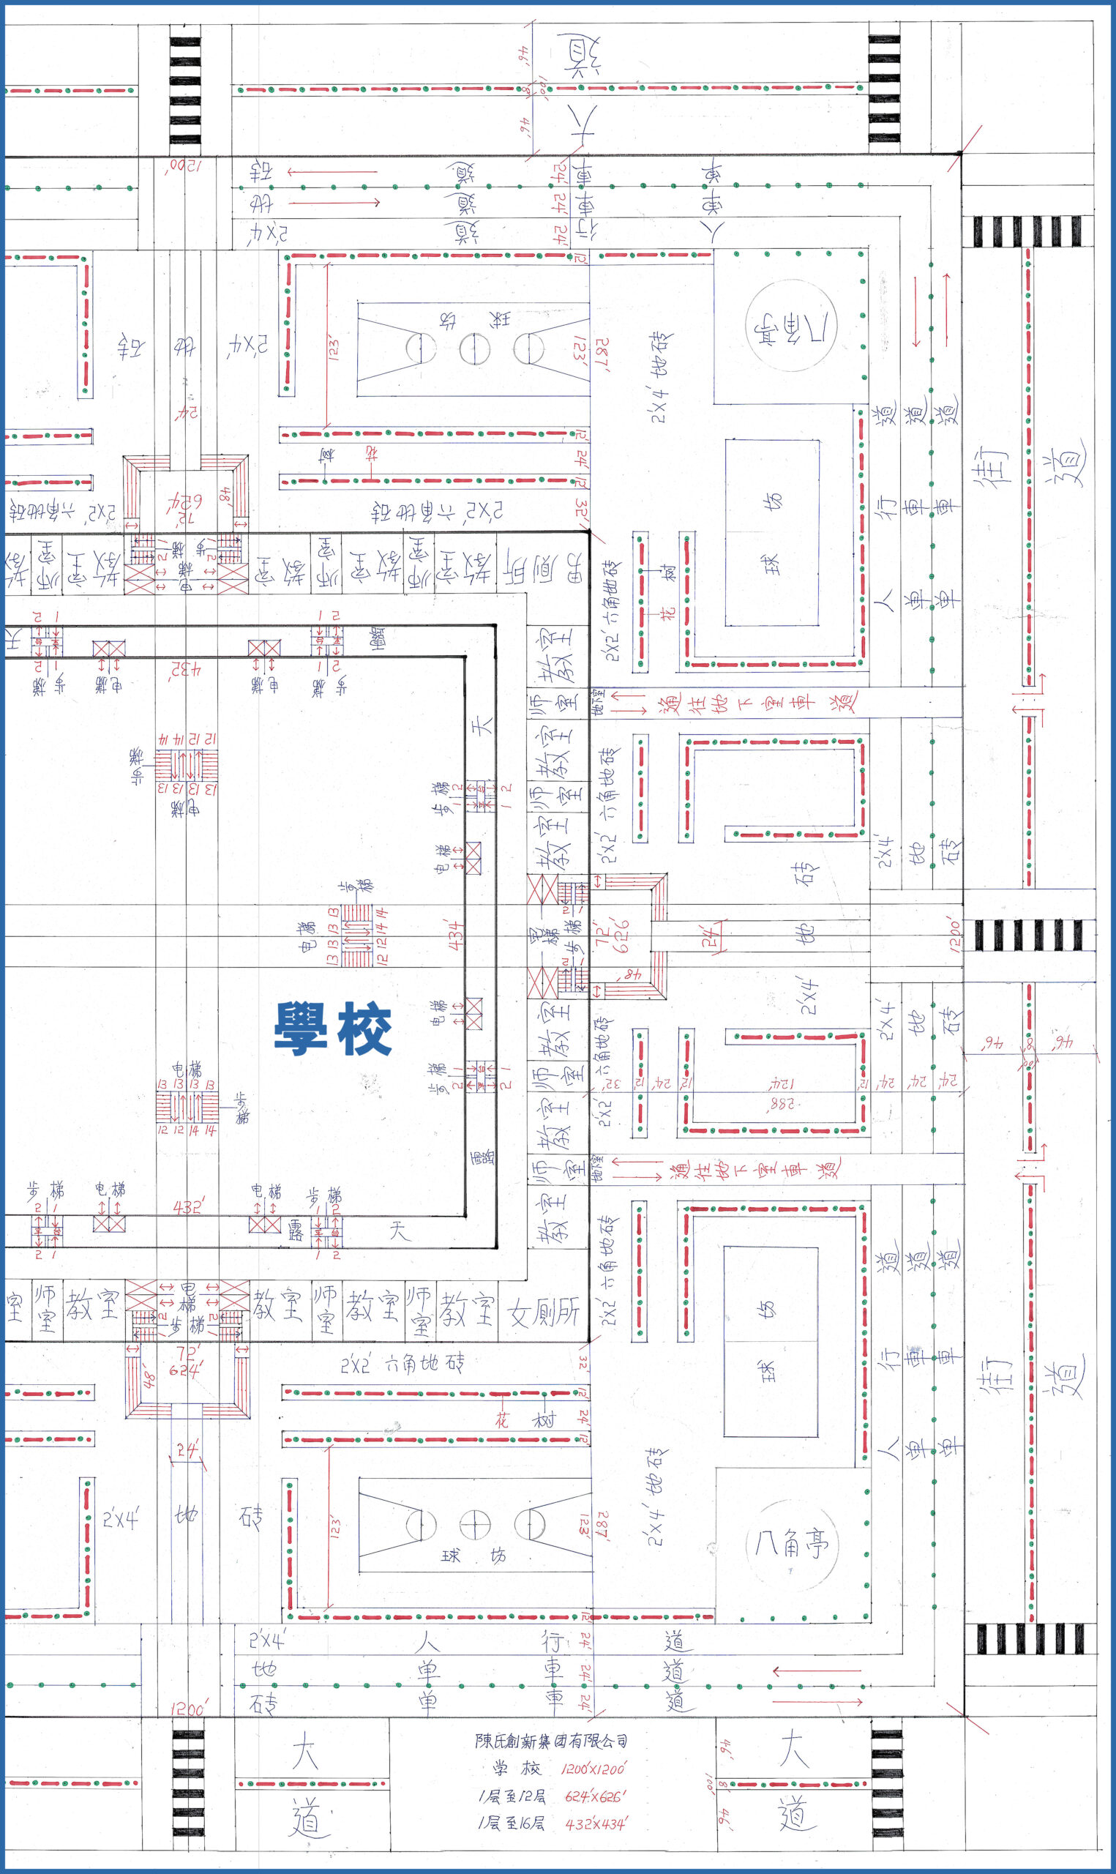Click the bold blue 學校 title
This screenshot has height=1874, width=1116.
(x=332, y=1029)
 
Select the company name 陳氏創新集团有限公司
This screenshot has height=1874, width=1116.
(x=551, y=1740)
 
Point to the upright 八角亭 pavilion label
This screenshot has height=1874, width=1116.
(x=791, y=1543)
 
